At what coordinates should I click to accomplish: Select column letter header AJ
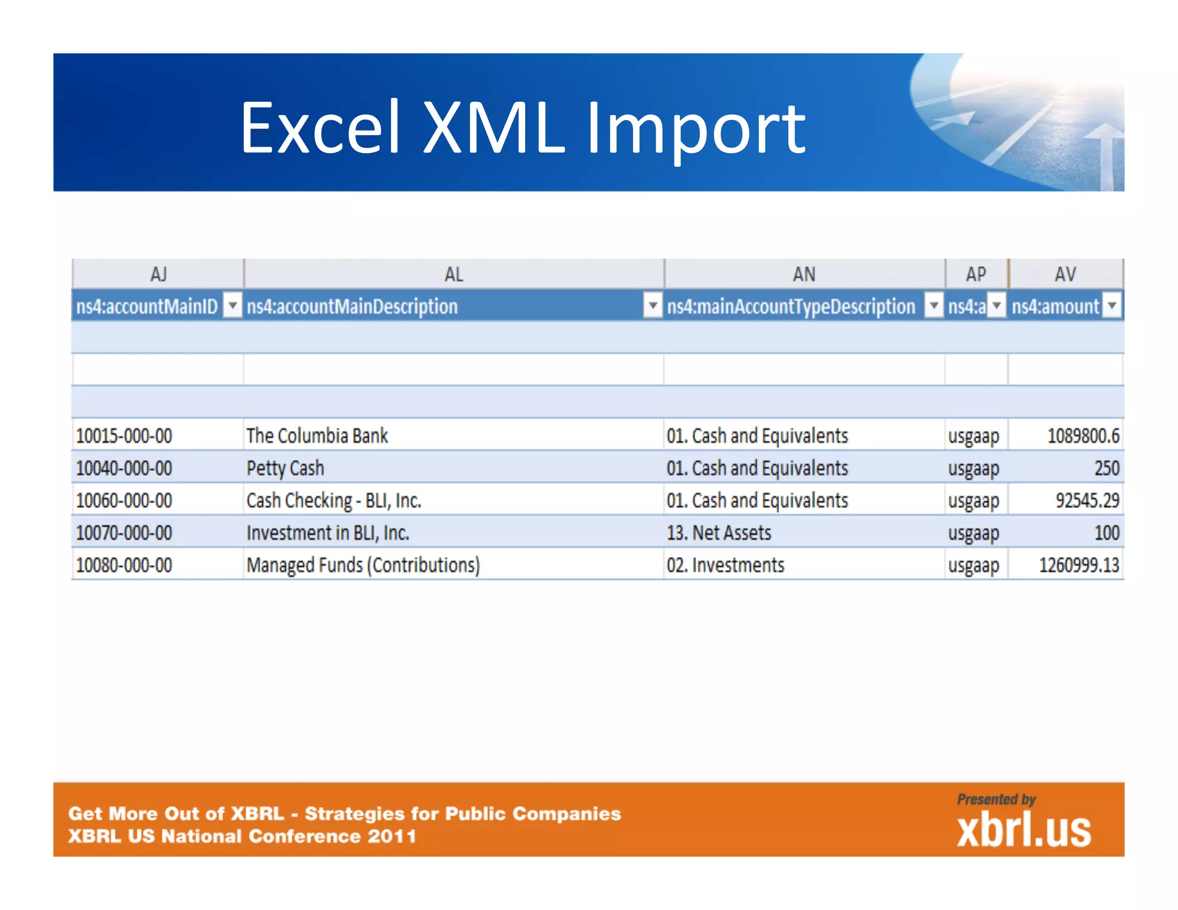coord(158,274)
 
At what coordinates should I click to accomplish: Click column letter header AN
coord(804,274)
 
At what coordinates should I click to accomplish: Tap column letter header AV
coord(1065,274)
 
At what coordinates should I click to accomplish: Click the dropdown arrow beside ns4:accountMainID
coord(232,305)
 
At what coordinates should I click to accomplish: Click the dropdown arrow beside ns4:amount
coord(1112,305)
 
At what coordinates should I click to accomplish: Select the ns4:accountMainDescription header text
coord(352,306)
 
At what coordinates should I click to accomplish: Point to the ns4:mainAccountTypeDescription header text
coord(791,306)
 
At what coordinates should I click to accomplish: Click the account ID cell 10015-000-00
coord(124,436)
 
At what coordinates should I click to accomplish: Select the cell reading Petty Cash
coord(285,468)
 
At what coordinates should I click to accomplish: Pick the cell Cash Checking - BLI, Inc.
coord(334,500)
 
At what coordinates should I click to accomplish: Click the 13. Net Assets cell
coord(718,533)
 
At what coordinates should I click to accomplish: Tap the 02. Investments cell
coord(725,565)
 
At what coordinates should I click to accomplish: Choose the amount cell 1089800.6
coord(1083,436)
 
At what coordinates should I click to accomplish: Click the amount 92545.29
coord(1087,500)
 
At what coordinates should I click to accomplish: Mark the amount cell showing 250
coord(1107,468)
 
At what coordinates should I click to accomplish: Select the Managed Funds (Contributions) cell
coord(363,565)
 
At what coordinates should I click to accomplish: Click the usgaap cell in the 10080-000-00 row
coord(973,565)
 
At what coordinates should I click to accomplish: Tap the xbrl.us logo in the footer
coord(1023,829)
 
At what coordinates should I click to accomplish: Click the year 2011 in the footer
coord(392,836)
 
